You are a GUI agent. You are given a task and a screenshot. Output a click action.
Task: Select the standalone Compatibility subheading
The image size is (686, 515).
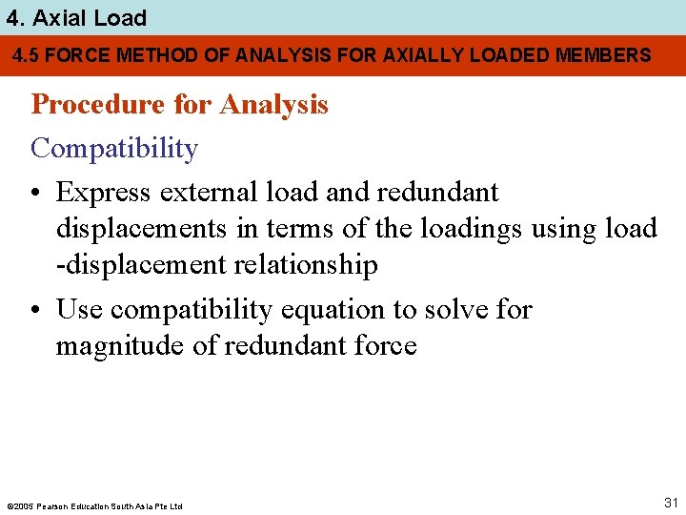click(114, 149)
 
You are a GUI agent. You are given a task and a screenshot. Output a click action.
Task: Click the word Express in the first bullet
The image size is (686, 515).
click(104, 193)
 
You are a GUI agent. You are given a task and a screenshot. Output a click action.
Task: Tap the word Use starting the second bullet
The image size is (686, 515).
click(79, 310)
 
